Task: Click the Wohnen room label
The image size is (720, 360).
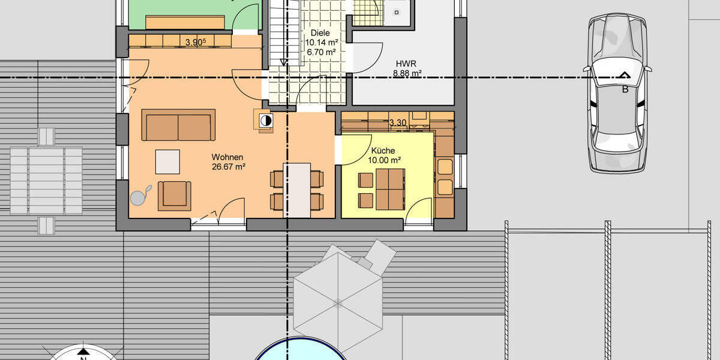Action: [227, 157]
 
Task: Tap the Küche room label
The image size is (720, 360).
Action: [383, 151]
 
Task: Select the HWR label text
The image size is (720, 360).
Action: [406, 64]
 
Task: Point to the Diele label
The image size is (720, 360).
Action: [320, 33]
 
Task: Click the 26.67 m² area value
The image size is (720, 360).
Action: [229, 167]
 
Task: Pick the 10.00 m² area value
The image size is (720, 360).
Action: [385, 160]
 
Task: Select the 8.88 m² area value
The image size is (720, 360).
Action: [407, 73]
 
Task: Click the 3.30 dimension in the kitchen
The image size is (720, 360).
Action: [398, 122]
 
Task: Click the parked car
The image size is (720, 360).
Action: [617, 93]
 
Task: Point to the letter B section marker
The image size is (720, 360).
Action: [625, 89]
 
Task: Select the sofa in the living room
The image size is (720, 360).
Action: [178, 125]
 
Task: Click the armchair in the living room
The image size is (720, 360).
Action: [175, 196]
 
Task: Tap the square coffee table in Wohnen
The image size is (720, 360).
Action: [167, 161]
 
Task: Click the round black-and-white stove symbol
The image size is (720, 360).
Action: [266, 121]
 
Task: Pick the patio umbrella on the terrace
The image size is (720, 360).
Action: [338, 303]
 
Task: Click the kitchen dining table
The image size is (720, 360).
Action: [390, 190]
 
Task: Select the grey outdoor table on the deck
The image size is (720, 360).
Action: [46, 181]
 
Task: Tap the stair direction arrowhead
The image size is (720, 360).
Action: [283, 62]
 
